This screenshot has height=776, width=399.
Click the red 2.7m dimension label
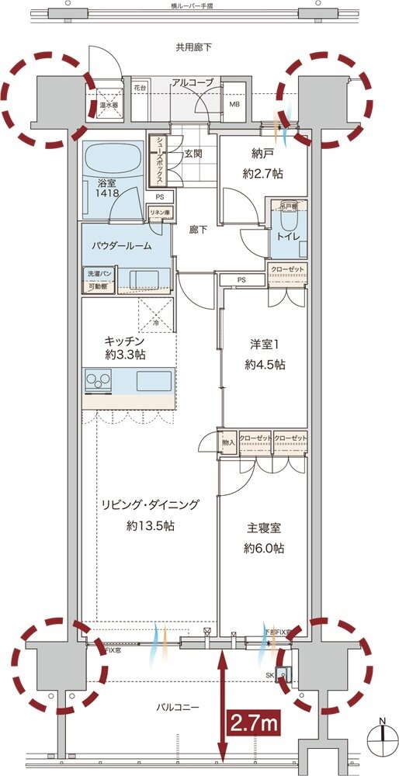coord(253,723)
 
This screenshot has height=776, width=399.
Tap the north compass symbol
coord(381,734)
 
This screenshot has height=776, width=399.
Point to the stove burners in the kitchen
coord(99,380)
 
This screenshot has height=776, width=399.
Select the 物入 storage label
coord(228,442)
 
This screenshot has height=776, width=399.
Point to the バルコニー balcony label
coord(184,708)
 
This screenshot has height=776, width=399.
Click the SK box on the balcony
coord(279,674)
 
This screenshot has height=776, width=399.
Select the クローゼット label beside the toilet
coord(287,269)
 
